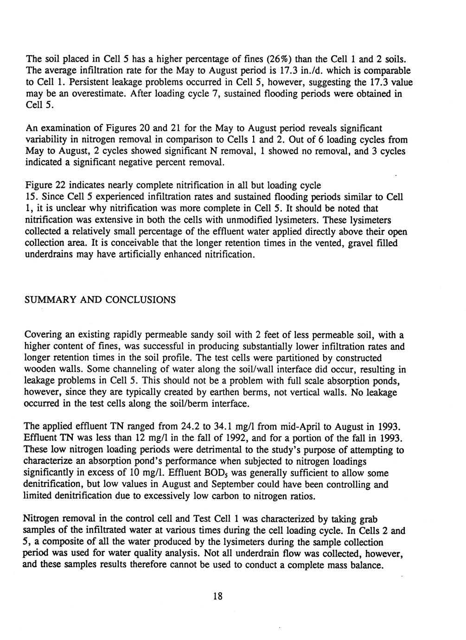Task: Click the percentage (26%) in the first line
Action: (x=267, y=59)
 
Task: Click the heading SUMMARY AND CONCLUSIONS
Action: (x=100, y=300)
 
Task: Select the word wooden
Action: (x=40, y=370)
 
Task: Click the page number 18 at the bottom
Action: (x=218, y=596)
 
